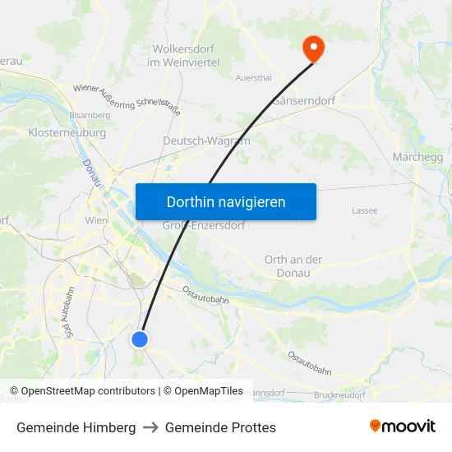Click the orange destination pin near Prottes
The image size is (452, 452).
click(313, 47)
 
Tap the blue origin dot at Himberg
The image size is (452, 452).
click(140, 339)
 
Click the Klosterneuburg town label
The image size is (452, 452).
click(67, 132)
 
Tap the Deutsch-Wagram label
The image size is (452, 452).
click(195, 141)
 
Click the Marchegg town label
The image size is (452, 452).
click(418, 157)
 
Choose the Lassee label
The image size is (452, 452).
click(364, 210)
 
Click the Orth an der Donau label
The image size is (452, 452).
click(293, 266)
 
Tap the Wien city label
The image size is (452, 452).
click(96, 221)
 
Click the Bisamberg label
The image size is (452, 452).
click(90, 116)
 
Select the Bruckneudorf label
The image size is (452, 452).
click(339, 395)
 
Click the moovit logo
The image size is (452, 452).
click(403, 427)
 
